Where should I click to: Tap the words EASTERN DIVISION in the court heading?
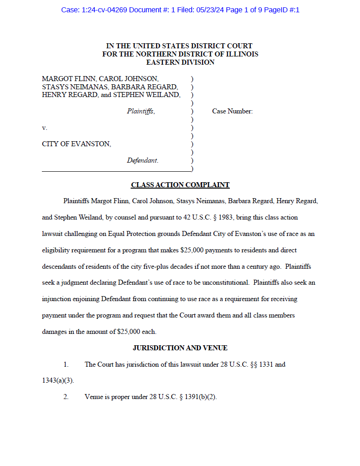pyautogui.click(x=180, y=62)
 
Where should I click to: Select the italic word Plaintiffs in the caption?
pyautogui.click(x=141, y=111)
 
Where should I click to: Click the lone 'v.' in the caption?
pyautogui.click(x=45, y=128)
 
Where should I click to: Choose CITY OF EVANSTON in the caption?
pyautogui.click(x=76, y=144)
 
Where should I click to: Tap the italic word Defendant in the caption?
pyautogui.click(x=142, y=160)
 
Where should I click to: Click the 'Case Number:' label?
pyautogui.click(x=232, y=111)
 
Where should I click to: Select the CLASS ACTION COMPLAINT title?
pyautogui.click(x=180, y=185)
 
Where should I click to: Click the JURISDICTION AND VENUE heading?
pyautogui.click(x=180, y=348)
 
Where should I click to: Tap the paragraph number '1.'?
pyautogui.click(x=66, y=364)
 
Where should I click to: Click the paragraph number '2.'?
pyautogui.click(x=66, y=397)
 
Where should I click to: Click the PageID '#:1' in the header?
pyautogui.click(x=294, y=10)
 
